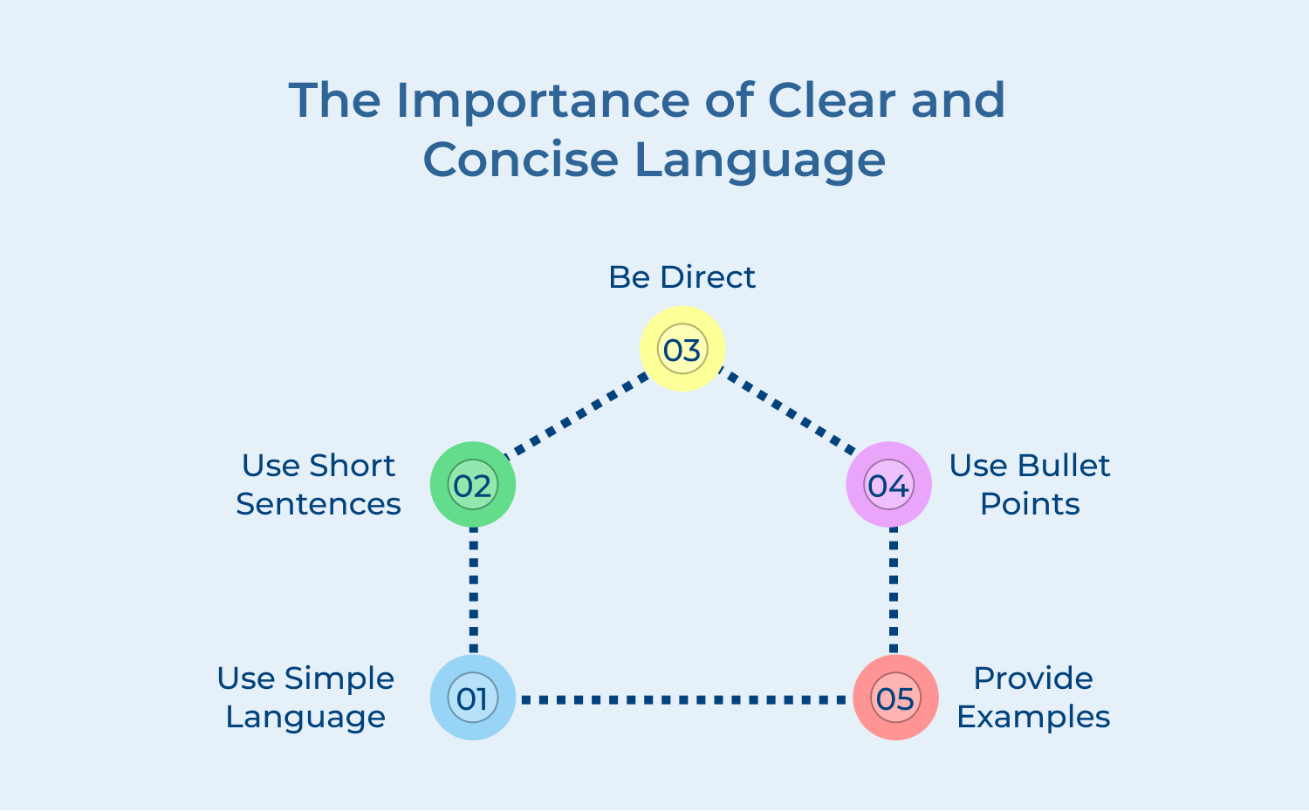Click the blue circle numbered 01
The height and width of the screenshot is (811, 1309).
473,698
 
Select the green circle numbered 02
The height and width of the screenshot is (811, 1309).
473,485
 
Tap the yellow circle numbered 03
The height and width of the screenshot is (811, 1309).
682,349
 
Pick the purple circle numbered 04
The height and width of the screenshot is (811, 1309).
888,485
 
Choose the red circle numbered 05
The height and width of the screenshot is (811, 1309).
895,698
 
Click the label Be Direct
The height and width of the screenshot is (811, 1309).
682,277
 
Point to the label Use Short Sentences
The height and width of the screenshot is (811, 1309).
319,485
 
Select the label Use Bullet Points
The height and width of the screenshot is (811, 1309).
1030,485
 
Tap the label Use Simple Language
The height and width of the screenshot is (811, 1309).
305,698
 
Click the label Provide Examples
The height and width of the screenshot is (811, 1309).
1033,698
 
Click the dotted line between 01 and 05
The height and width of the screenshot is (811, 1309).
683,699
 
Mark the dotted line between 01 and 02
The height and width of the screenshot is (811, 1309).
473,590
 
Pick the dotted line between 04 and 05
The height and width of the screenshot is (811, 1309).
893,590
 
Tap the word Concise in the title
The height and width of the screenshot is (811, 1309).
520,160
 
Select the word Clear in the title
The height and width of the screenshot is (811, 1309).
833,100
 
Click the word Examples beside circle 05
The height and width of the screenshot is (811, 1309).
1033,717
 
